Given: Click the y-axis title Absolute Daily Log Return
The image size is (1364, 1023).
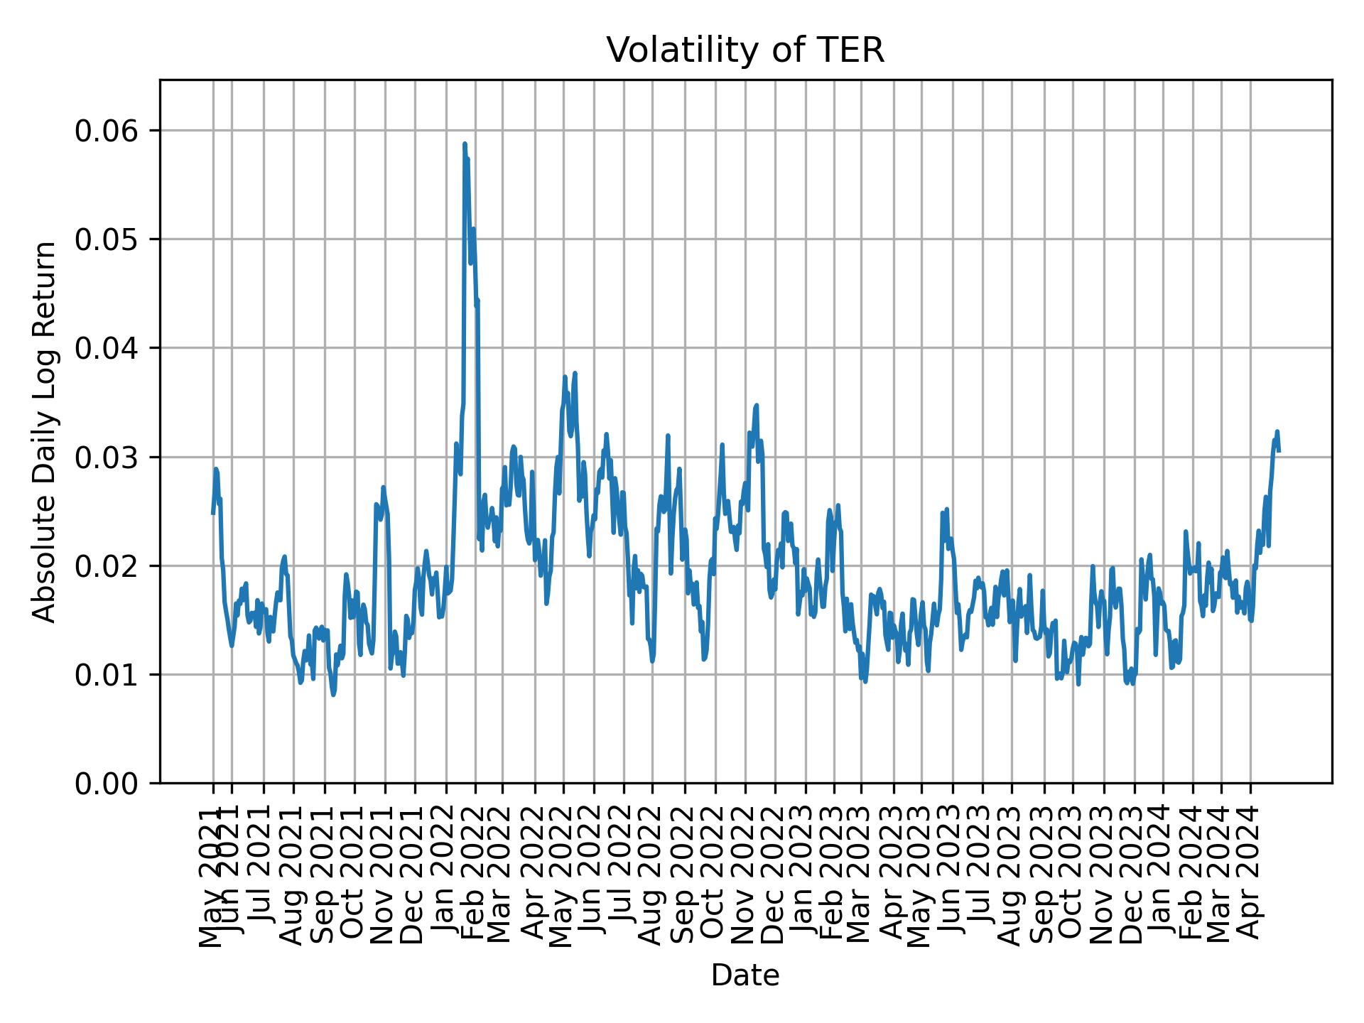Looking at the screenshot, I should pyautogui.click(x=45, y=431).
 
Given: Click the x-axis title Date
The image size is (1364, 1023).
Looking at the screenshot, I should pyautogui.click(x=745, y=976).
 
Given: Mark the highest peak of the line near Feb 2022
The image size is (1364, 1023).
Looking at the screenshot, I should pyautogui.click(x=465, y=144).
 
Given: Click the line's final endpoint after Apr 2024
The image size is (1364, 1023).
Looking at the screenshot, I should pyautogui.click(x=1279, y=450).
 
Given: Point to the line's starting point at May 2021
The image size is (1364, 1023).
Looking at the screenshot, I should pyautogui.click(x=213, y=513).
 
